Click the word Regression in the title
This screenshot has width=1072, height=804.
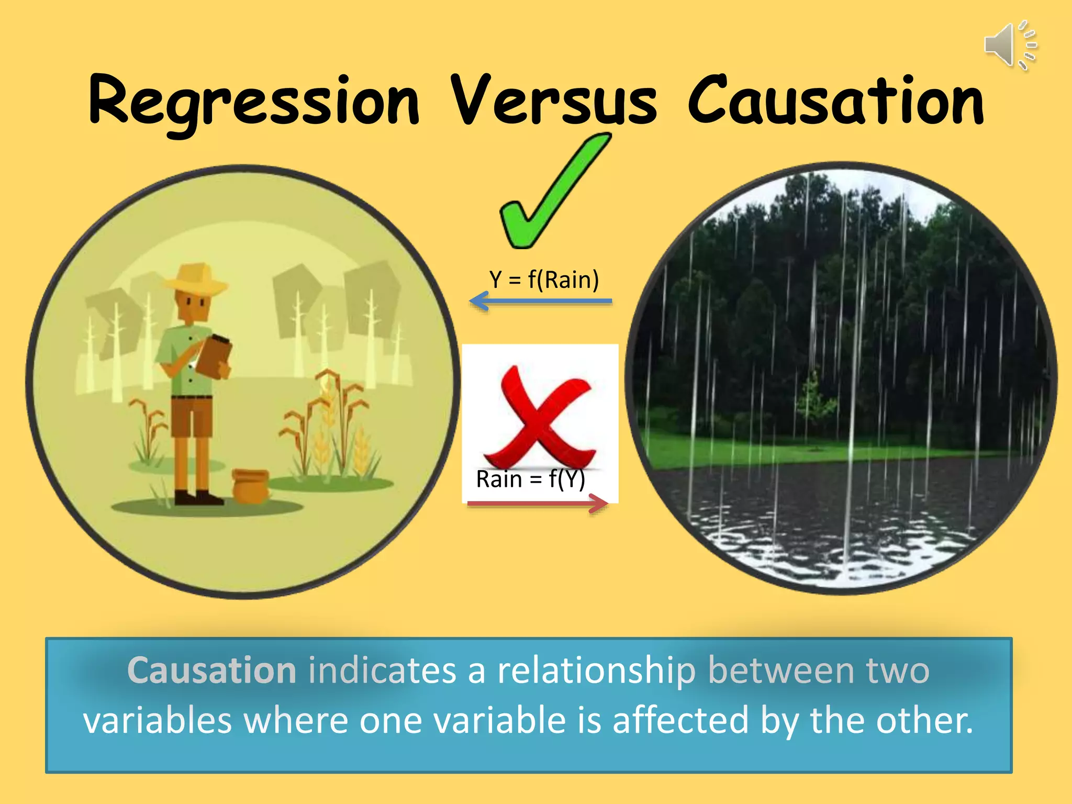254,102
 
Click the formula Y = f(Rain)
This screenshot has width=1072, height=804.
544,280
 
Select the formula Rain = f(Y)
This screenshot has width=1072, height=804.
530,479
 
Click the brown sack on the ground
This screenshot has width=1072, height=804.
250,486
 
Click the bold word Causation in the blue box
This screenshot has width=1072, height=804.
212,671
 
